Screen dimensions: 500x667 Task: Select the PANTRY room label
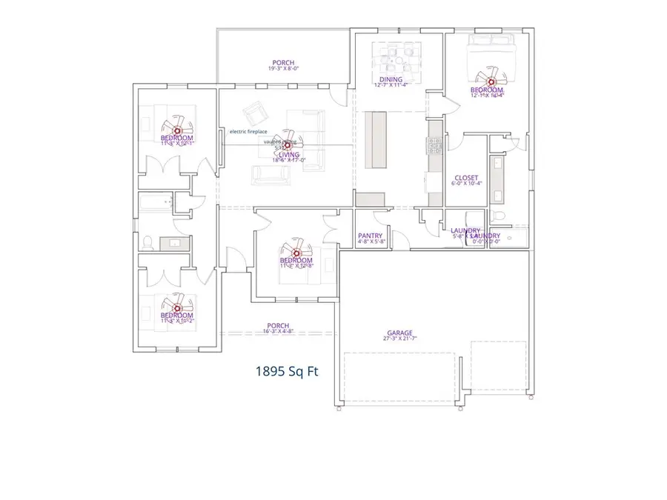(369, 236)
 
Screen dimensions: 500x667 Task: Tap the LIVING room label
(289, 154)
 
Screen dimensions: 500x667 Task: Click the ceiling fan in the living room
(282, 145)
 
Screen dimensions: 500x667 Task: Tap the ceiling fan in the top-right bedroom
(490, 81)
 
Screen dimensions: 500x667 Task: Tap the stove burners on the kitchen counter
(434, 146)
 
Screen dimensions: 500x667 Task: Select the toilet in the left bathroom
(147, 241)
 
